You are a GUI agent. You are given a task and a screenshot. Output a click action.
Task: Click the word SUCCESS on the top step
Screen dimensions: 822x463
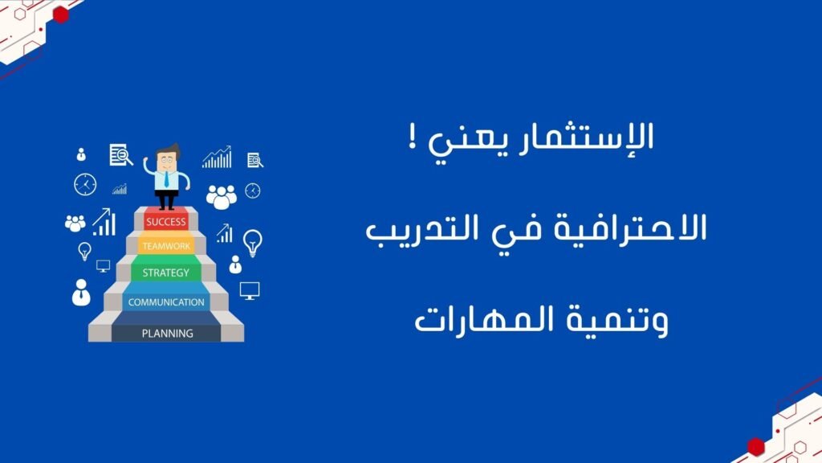tap(166, 222)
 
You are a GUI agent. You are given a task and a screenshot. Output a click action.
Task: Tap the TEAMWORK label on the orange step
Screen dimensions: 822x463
tap(166, 246)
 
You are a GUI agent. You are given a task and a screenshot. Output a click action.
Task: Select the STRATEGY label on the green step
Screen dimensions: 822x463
tap(165, 272)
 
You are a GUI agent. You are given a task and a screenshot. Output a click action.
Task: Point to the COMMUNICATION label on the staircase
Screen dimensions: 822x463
tap(166, 302)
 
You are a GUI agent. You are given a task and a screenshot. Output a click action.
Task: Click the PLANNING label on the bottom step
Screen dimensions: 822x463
tap(167, 334)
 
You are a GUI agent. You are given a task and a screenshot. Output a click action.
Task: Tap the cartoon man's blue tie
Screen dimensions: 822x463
tap(167, 179)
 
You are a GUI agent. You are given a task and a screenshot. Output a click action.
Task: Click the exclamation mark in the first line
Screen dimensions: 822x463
tap(413, 137)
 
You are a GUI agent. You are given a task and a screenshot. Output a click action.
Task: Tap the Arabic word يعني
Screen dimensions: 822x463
tap(468, 141)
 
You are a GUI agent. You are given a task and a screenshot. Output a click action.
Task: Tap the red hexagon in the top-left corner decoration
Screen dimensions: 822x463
tap(61, 14)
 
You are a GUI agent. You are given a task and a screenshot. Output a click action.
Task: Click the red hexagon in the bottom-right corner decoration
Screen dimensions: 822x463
tap(756, 447)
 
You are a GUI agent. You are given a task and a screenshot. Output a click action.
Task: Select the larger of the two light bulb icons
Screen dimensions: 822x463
tap(253, 243)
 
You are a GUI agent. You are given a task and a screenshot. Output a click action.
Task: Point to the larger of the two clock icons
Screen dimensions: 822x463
tap(85, 185)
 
